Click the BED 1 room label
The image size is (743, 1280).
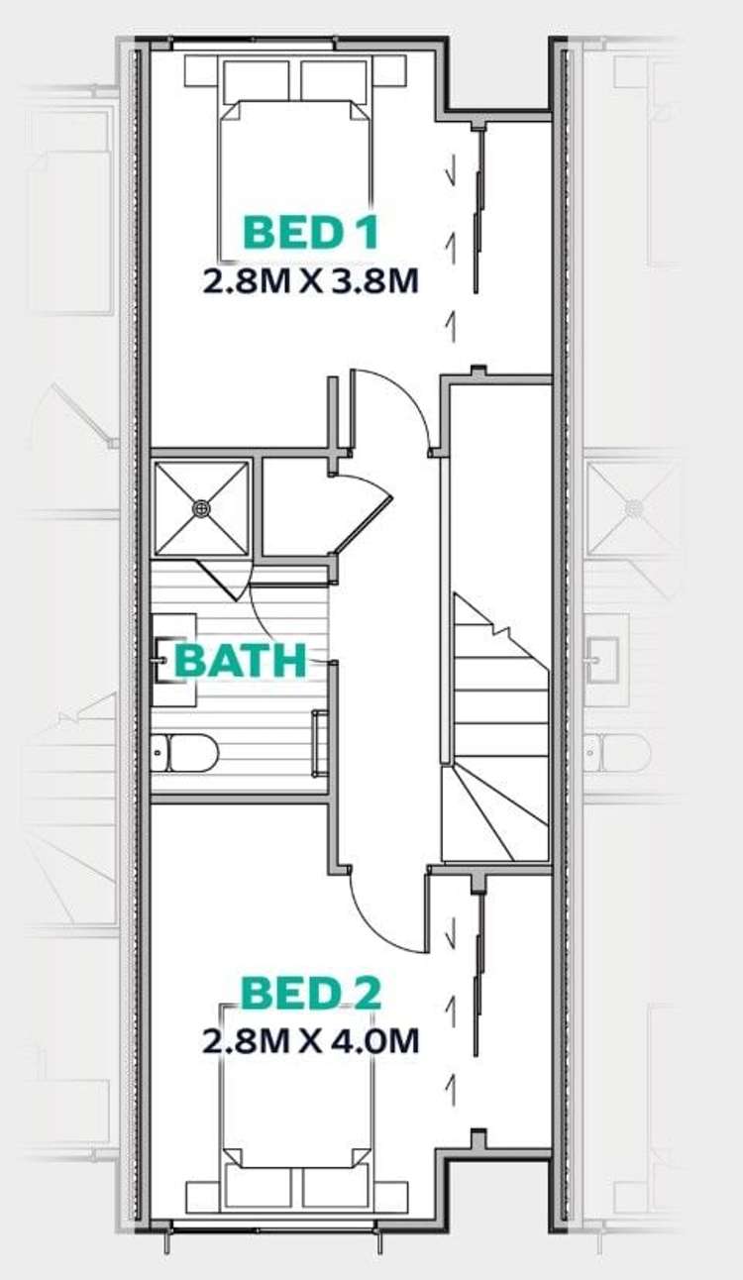coord(311,233)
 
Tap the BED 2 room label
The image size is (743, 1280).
coord(311,993)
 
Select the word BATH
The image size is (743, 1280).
coord(241,662)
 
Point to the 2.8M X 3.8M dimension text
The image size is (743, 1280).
coord(311,281)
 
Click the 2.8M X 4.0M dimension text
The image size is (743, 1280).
coord(311,1041)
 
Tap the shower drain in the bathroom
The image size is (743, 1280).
coord(202,507)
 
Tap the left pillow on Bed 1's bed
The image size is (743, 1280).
coord(257,78)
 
